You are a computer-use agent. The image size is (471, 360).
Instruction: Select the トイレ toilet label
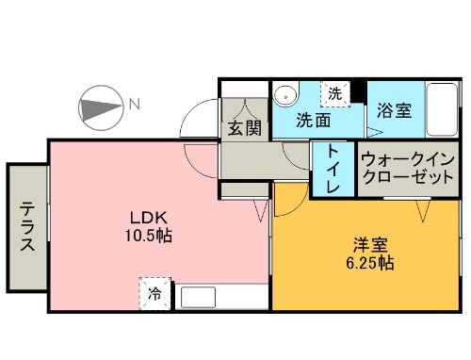[333, 170]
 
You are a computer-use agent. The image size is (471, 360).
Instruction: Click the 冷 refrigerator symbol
[155, 293]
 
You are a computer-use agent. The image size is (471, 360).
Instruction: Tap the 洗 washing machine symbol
[335, 93]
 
